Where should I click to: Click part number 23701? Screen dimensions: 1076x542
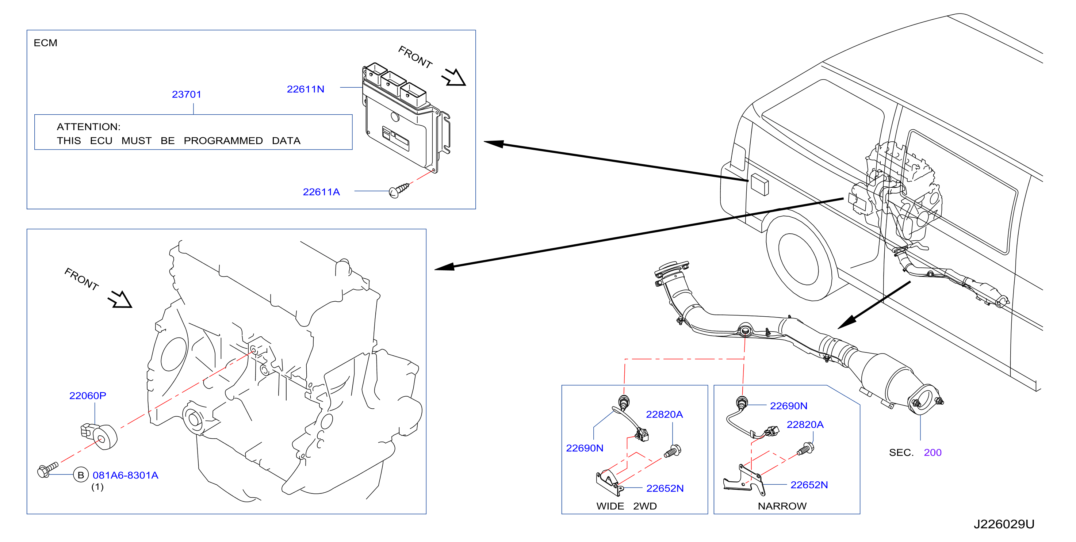(186, 95)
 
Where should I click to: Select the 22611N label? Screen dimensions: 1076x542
(305, 89)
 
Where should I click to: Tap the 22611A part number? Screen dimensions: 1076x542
(321, 192)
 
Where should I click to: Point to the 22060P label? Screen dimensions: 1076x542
(88, 395)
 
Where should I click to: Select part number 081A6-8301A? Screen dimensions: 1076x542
(125, 475)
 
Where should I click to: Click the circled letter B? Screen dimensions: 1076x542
(81, 475)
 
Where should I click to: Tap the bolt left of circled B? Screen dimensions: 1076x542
(47, 470)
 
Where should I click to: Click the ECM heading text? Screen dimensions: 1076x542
(46, 43)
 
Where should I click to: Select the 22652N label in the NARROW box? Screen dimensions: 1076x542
(809, 485)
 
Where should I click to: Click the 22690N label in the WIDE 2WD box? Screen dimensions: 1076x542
(584, 448)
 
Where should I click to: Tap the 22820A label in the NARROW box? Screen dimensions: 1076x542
(805, 424)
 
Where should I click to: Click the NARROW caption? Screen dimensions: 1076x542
(782, 506)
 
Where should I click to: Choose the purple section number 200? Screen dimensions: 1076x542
(932, 453)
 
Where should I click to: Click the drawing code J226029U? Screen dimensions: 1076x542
(1004, 524)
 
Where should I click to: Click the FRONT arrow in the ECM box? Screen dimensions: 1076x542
(453, 77)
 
